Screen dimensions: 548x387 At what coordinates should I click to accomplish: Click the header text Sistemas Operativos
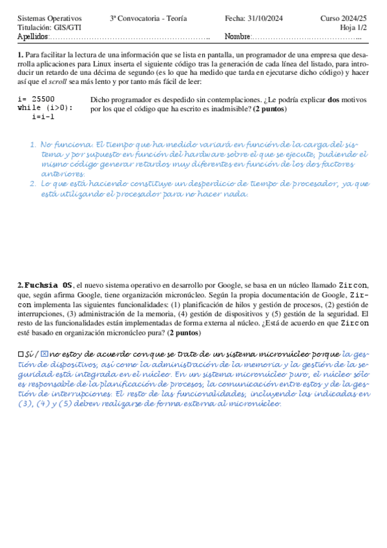click(50, 19)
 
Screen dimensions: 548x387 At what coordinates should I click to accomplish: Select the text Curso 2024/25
click(344, 19)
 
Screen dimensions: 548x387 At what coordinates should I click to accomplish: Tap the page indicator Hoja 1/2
click(354, 28)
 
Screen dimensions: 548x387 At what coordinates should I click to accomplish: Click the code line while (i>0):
click(45, 108)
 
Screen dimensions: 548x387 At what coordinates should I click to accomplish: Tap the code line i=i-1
click(43, 117)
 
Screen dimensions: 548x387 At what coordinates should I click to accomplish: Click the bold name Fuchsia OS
click(49, 285)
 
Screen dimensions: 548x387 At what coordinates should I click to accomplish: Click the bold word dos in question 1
click(333, 100)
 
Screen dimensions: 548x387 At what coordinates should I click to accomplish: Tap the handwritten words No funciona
click(67, 145)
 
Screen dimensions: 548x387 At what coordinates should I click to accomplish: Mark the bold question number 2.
click(20, 285)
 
